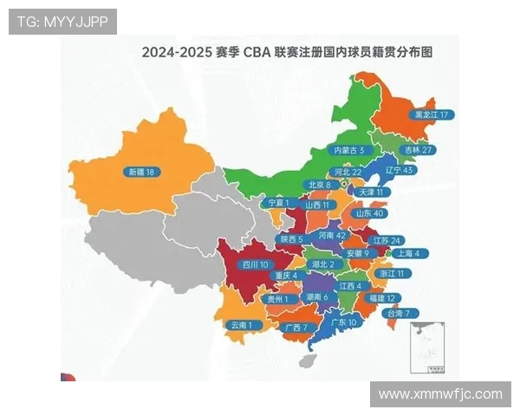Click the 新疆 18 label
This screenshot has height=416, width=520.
tap(140, 172)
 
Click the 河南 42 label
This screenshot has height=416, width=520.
tap(333, 235)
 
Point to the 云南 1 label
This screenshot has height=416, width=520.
tap(243, 325)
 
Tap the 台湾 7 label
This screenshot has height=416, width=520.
tap(403, 313)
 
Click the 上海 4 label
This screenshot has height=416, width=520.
tap(407, 254)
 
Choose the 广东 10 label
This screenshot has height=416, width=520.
tap(344, 322)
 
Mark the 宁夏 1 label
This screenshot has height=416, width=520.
tap(278, 202)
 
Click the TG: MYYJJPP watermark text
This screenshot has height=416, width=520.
tap(62, 22)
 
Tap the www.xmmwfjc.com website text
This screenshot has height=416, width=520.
tap(440, 394)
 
